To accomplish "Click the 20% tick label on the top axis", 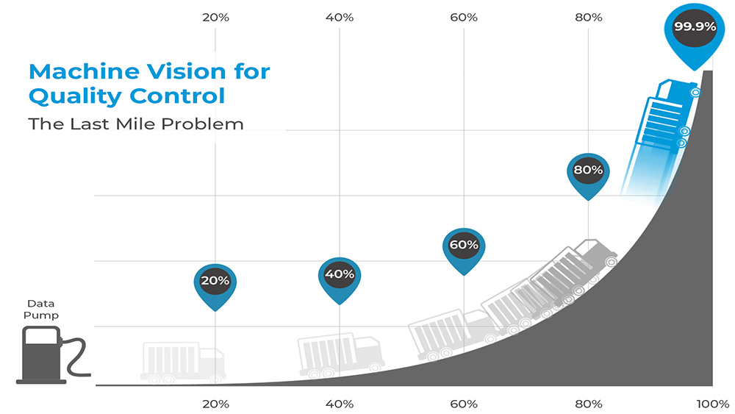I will tap(215, 17).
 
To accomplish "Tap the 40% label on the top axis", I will tap(340, 17).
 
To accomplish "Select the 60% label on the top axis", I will tap(464, 17).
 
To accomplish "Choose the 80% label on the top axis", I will tap(588, 17).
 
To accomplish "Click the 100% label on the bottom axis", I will tap(712, 404).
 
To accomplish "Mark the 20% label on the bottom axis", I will tap(215, 404).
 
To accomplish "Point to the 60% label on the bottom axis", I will tap(464, 404).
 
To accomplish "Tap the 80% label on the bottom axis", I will tap(588, 404).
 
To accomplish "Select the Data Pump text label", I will tap(43, 309).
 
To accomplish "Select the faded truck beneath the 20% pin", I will tap(182, 363).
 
